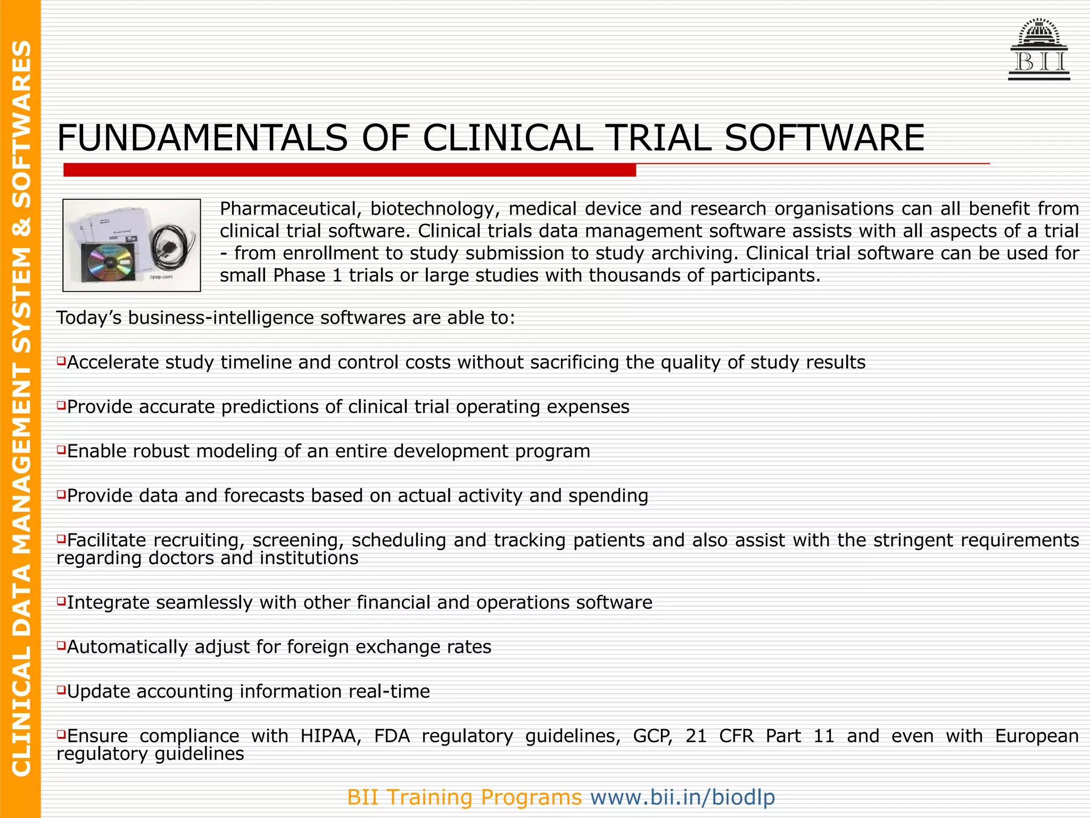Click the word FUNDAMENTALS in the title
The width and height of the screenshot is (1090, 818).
click(202, 138)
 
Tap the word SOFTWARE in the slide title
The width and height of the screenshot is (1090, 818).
click(824, 138)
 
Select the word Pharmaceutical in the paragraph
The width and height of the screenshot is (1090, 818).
click(291, 209)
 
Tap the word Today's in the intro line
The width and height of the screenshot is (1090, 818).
click(89, 317)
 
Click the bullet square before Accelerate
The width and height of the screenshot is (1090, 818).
click(61, 362)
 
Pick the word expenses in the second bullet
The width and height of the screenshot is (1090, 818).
click(588, 407)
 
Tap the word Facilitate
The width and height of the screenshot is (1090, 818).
click(106, 540)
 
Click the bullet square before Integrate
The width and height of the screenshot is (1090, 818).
click(61, 602)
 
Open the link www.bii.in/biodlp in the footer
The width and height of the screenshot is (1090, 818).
click(682, 797)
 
